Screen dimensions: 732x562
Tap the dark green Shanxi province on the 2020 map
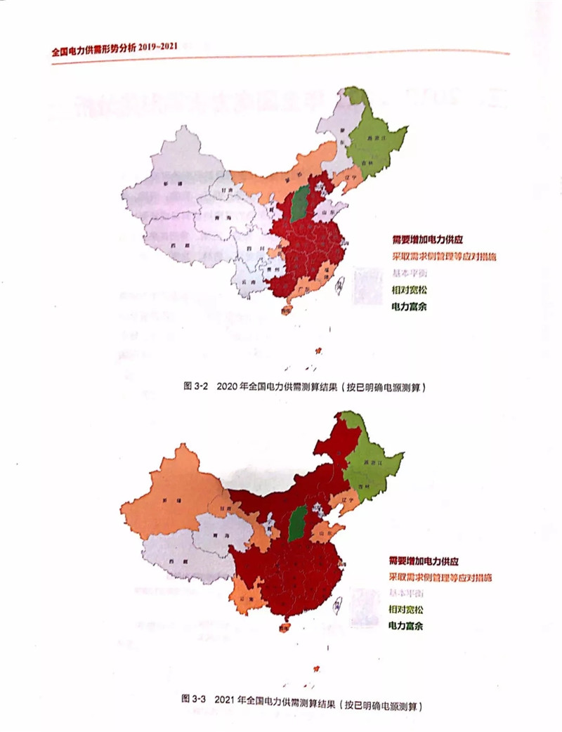301,203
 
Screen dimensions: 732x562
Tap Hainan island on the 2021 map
287,627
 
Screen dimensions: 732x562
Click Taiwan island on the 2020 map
339,284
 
